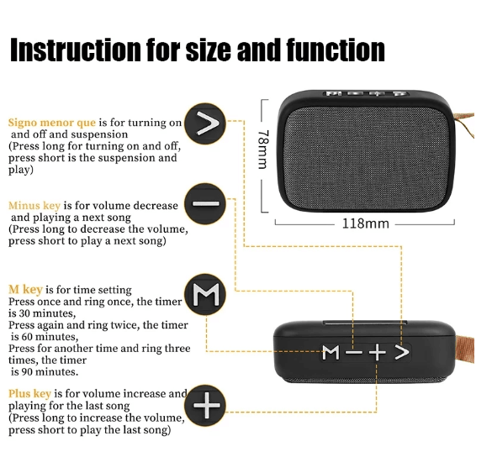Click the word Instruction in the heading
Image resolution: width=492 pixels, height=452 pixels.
[x=76, y=50]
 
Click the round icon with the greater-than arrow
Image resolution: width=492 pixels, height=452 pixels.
[x=205, y=124]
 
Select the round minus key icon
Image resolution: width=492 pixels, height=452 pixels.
[x=205, y=204]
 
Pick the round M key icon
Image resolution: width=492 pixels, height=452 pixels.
[x=205, y=295]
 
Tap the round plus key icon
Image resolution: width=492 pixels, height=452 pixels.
[x=205, y=405]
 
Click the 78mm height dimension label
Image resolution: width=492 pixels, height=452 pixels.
[x=263, y=150]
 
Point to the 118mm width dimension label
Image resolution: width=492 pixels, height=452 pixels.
[x=365, y=223]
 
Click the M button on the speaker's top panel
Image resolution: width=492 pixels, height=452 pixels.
[x=331, y=352]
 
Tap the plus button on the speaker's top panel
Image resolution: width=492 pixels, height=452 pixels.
[x=377, y=352]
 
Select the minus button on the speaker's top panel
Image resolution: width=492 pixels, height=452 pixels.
[x=353, y=352]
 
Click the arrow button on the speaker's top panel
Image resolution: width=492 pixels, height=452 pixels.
[x=402, y=352]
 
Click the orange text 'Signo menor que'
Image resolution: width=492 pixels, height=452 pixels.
[x=52, y=123]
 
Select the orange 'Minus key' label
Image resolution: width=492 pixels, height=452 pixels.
[x=34, y=206]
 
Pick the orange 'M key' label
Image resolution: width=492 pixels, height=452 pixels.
[x=25, y=289]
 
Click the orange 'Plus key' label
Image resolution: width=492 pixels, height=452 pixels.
[x=29, y=394]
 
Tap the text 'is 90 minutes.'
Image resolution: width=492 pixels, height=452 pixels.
[x=45, y=372]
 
